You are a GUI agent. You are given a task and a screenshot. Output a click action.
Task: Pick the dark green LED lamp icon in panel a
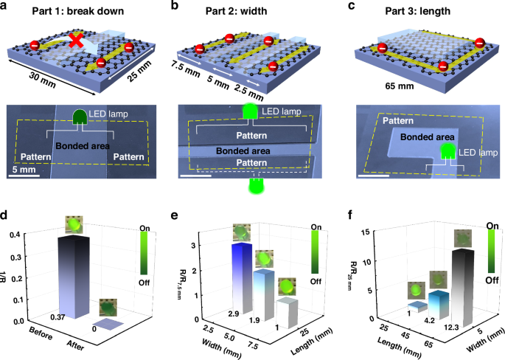click(x=80, y=116)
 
